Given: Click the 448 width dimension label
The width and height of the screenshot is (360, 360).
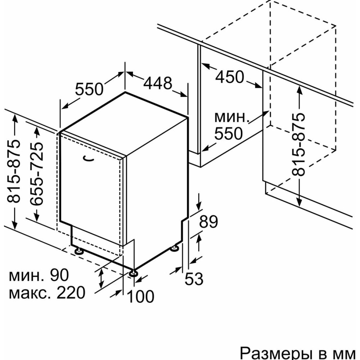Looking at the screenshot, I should (x=158, y=84).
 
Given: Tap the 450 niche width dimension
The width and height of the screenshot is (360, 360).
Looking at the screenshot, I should (x=230, y=77).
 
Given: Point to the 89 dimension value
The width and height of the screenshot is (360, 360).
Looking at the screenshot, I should (x=209, y=222).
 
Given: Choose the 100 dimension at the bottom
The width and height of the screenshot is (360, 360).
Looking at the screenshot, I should (x=141, y=296).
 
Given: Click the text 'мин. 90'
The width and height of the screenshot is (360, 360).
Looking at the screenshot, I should (x=38, y=276).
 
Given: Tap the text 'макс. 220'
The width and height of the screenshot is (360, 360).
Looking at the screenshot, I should (x=47, y=293).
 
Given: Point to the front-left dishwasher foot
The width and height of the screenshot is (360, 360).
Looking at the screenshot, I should (x=78, y=249).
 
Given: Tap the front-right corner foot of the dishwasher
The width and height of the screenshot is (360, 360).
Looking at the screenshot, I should (x=134, y=273).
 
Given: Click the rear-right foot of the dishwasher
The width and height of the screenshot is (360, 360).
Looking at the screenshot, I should (x=175, y=248).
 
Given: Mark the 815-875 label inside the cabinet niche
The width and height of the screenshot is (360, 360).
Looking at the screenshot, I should (x=298, y=144).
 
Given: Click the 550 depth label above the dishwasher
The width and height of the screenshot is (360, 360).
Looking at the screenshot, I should (x=89, y=89).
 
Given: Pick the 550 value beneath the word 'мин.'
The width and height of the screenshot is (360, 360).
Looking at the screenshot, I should (x=228, y=134).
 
